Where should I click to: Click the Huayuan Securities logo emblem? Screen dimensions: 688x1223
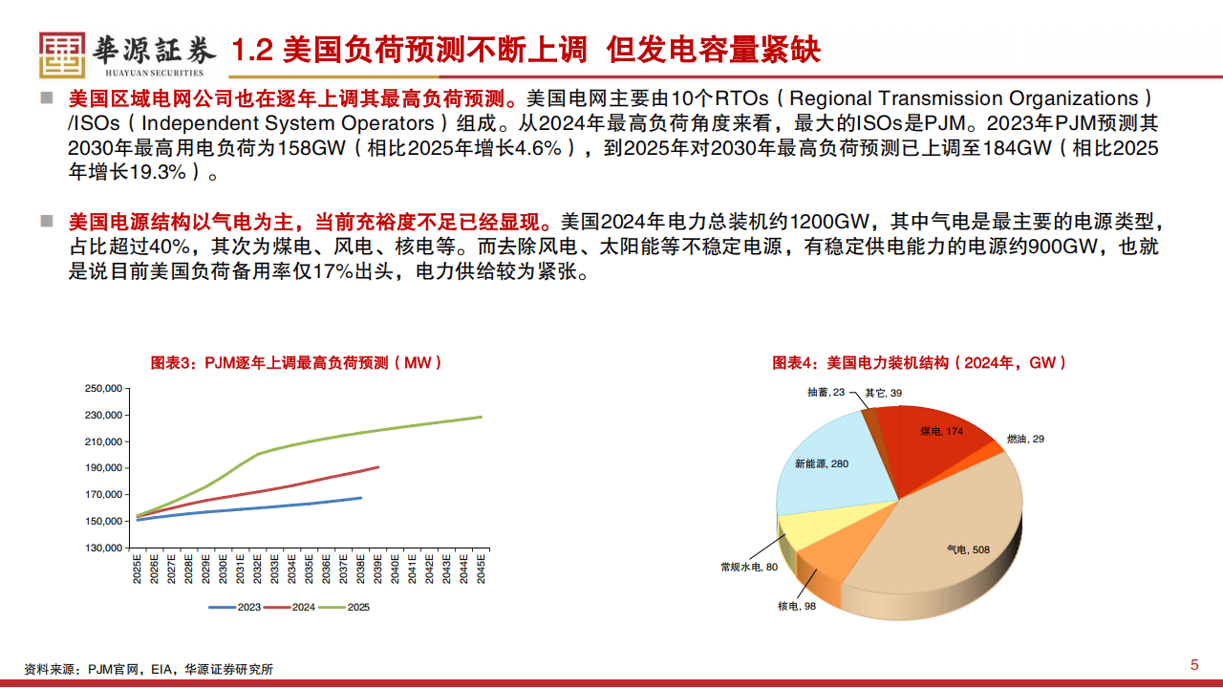click(x=61, y=54)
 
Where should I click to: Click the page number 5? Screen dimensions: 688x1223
click(x=1193, y=665)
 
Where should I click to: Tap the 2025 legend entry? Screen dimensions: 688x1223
click(x=346, y=607)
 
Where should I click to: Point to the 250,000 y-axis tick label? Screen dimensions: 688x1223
click(x=104, y=389)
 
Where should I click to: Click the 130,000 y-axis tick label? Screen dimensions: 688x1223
click(x=104, y=548)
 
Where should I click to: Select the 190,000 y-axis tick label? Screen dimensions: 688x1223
click(x=104, y=468)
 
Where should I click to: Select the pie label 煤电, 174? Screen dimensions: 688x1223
click(x=941, y=432)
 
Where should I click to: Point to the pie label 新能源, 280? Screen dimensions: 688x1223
click(x=821, y=463)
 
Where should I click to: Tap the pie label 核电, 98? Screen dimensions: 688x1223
click(x=797, y=607)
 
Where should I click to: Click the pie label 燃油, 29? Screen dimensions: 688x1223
click(x=1024, y=439)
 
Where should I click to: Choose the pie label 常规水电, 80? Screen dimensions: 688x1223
click(x=748, y=567)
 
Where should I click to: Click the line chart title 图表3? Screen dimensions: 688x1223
click(x=296, y=363)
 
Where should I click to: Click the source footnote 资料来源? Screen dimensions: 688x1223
click(x=148, y=669)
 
